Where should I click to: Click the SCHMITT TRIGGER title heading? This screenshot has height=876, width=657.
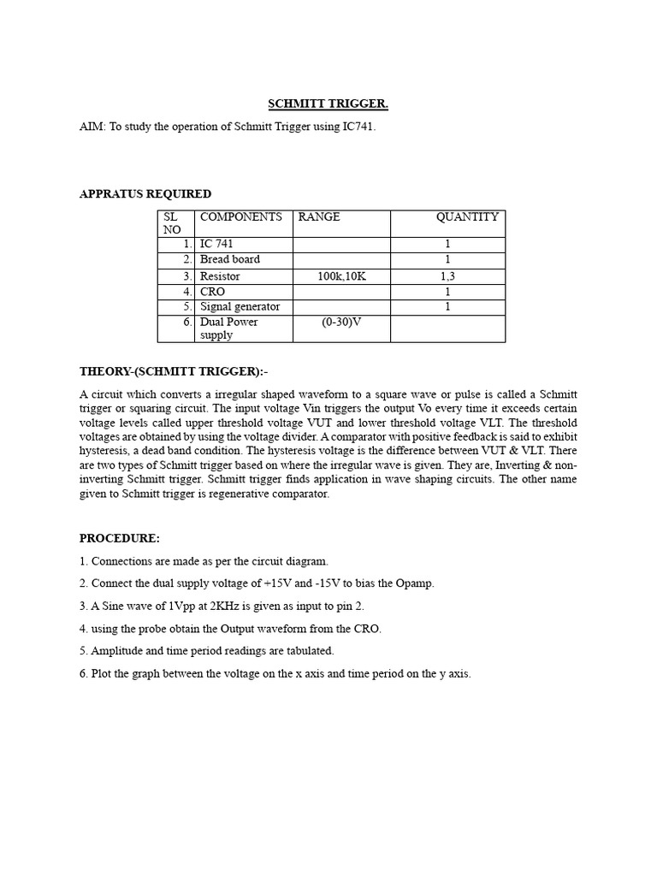pyautogui.click(x=328, y=104)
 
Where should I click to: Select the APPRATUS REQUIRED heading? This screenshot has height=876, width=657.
pyautogui.click(x=145, y=193)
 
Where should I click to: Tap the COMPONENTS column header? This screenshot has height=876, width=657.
pyautogui.click(x=240, y=217)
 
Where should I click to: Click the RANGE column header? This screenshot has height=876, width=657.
pyautogui.click(x=319, y=217)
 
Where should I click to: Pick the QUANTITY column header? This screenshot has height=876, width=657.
pyautogui.click(x=467, y=217)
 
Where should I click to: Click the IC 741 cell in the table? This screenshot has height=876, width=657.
pyautogui.click(x=216, y=245)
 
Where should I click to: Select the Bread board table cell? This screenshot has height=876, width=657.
pyautogui.click(x=230, y=259)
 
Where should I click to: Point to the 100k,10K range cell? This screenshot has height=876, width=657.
pyautogui.click(x=341, y=276)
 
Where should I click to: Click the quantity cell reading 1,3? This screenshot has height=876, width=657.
pyautogui.click(x=447, y=276)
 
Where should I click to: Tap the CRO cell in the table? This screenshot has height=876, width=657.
pyautogui.click(x=212, y=292)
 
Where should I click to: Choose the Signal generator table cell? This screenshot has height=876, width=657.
pyautogui.click(x=240, y=306)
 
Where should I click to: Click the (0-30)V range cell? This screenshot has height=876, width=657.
pyautogui.click(x=341, y=322)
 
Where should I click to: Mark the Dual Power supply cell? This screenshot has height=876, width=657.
pyautogui.click(x=228, y=328)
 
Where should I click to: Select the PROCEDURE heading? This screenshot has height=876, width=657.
pyautogui.click(x=120, y=538)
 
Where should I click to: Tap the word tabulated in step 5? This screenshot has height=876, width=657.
pyautogui.click(x=308, y=651)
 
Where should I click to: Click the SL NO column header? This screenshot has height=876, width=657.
pyautogui.click(x=172, y=223)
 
